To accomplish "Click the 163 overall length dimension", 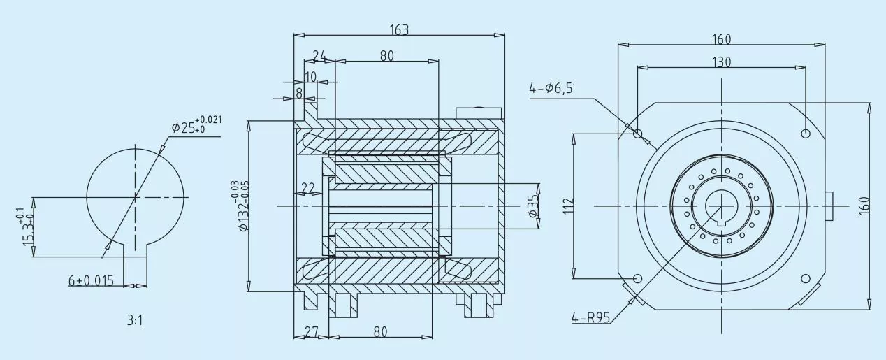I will tap(398, 29).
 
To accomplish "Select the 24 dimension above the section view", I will tap(320, 56).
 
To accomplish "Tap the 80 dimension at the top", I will tap(386, 56).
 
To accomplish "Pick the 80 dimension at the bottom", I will tap(380, 332).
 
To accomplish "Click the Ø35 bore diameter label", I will tap(534, 204).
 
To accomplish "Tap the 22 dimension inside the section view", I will tap(307, 187).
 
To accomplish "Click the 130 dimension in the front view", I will tap(721, 62).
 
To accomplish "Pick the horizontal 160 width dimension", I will tap(721, 40).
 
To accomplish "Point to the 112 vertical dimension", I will tap(567, 205).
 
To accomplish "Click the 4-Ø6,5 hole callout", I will tap(551, 88).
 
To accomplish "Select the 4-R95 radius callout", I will tap(590, 318).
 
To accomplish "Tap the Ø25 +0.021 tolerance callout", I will tap(196, 126).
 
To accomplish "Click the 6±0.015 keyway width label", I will tap(91, 280).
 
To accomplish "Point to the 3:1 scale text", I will tap(136, 321).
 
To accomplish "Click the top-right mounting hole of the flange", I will tap(806, 133).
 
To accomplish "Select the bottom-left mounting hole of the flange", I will tap(637, 278).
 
